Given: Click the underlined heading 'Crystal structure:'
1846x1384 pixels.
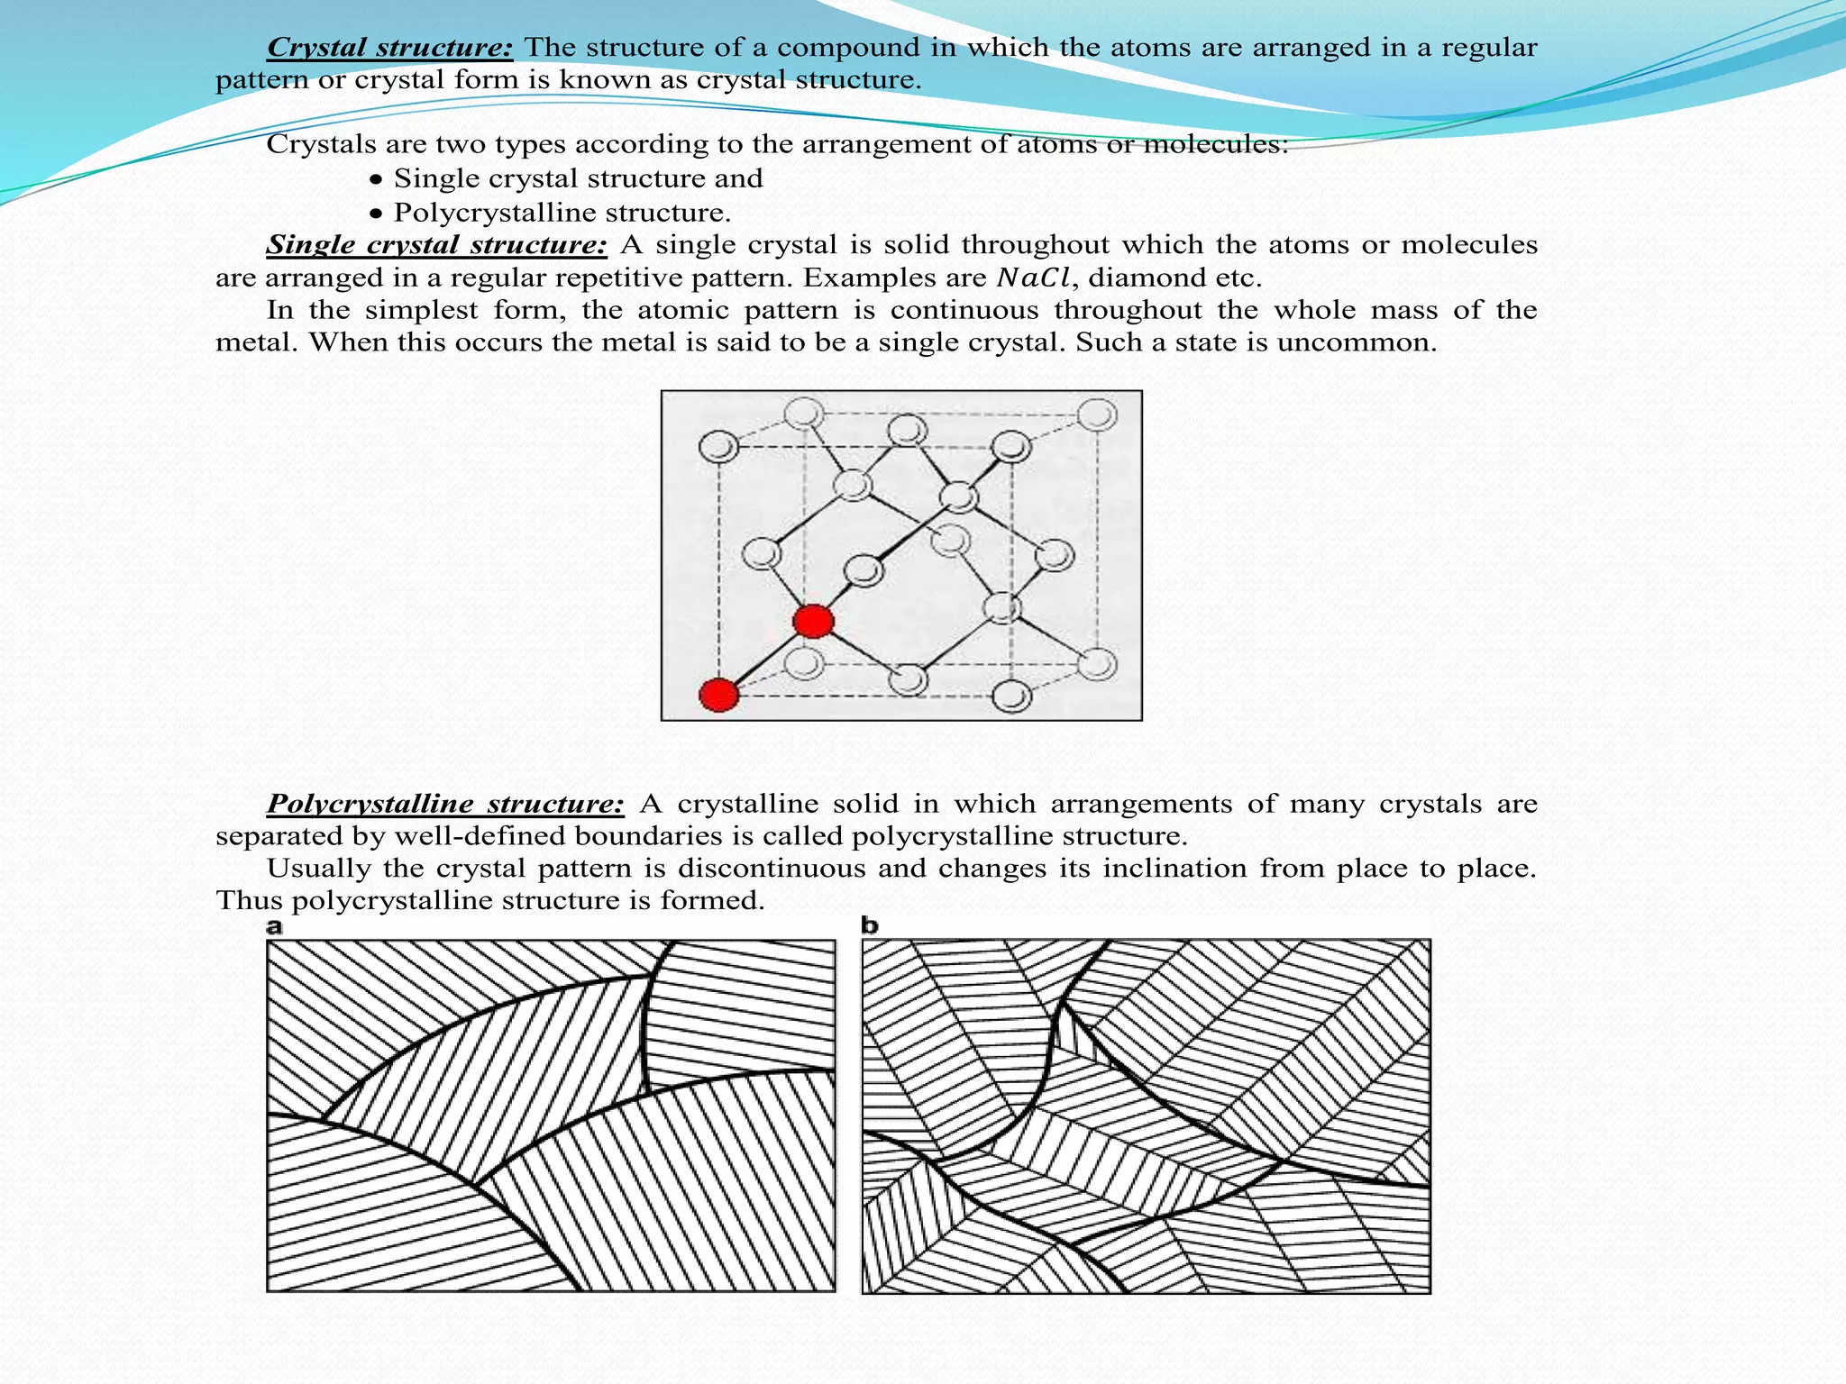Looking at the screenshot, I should pos(389,47).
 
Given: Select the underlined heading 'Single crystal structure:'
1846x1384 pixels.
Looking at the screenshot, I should pos(436,244).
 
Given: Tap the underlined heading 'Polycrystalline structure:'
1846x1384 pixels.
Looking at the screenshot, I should pos(445,803).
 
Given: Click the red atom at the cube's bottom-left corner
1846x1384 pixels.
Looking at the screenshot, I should pos(719,695).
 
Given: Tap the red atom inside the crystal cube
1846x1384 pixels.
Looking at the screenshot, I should pos(813,621).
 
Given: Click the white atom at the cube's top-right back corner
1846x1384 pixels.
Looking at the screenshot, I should pos(1097,415).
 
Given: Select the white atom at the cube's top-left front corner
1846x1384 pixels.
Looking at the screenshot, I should pos(719,446).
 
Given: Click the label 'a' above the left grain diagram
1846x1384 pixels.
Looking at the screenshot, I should pos(274,926).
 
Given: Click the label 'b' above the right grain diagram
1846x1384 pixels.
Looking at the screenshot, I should pos(869,925).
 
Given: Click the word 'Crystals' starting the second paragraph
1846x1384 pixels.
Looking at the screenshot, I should pos(318,144).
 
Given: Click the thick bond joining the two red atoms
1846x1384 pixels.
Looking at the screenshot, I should pos(765,659).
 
